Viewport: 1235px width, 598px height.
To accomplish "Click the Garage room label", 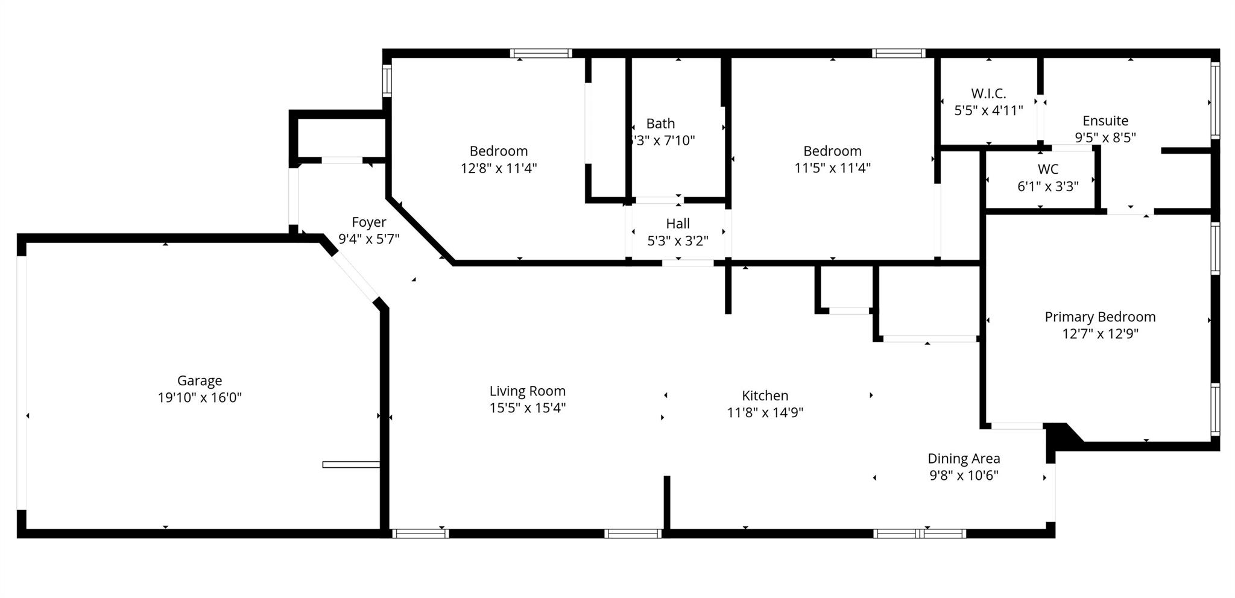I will coord(200,380).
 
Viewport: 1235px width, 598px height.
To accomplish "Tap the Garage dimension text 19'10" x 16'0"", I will coord(200,397).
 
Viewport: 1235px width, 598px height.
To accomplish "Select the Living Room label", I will coord(527,391).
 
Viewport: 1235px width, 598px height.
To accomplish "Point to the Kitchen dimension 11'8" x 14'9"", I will coord(765,412).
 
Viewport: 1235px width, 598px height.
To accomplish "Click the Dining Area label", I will coord(963,459).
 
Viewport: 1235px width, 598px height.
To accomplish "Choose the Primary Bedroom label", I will coord(1100,317).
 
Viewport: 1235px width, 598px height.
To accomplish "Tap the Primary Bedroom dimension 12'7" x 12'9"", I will coord(1100,333).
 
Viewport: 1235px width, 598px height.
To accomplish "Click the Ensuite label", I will coord(1105,121).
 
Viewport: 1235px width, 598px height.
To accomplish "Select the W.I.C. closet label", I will coord(988,93).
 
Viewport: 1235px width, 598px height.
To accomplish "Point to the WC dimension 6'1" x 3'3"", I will coord(1047,186).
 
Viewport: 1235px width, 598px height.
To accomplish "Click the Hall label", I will coord(678,224).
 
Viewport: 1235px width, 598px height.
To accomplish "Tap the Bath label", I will coord(660,124).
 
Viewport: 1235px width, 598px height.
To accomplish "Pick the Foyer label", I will coord(368,222).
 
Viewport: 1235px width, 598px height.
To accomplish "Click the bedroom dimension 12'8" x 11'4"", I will coord(498,168).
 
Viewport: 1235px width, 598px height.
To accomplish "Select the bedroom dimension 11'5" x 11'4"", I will coord(832,168).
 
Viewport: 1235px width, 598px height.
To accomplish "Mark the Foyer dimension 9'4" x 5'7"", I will coord(368,239).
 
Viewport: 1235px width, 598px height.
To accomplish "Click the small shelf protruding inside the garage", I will coord(350,464).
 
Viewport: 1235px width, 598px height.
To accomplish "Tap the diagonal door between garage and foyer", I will coord(355,276).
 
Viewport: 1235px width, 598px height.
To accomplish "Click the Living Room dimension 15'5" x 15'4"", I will coord(527,408).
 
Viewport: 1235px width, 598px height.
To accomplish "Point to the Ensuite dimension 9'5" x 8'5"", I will coord(1105,137).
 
